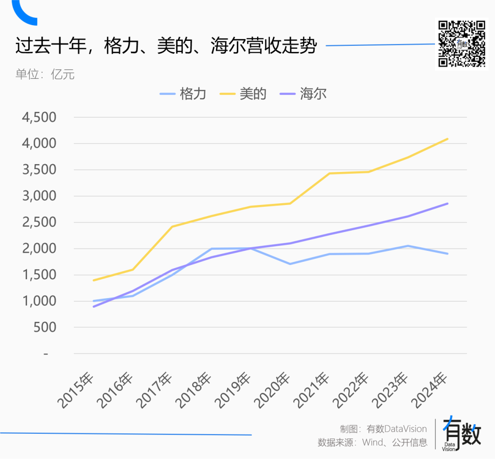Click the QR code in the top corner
[x=462, y=44]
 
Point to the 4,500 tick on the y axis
[x=39, y=117]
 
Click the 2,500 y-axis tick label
[x=39, y=222]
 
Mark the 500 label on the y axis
[x=45, y=327]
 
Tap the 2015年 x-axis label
[x=76, y=391]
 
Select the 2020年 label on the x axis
[x=273, y=391]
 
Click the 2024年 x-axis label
[x=430, y=391]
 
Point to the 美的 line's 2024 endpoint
[x=447, y=138]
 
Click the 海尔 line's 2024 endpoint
[x=447, y=204]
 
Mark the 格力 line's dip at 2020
[x=290, y=264]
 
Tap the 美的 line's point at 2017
[x=172, y=227]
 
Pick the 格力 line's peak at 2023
[x=408, y=246]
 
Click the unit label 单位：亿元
[x=45, y=74]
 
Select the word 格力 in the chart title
[x=118, y=46]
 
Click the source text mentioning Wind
[x=372, y=442]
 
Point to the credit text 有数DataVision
[x=396, y=429]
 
